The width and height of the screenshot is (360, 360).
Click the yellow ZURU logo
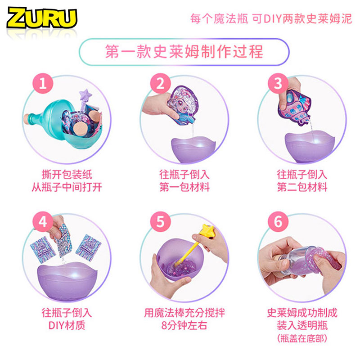[42, 18]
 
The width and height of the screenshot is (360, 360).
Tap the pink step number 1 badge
[43, 83]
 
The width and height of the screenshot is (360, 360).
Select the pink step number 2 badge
[161, 83]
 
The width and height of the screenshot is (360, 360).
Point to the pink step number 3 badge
[278, 83]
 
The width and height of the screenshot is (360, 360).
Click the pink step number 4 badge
[43, 222]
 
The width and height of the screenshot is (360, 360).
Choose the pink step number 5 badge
[161, 222]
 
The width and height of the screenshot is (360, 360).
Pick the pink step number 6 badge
[278, 222]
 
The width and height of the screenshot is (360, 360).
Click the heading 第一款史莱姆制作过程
[184, 52]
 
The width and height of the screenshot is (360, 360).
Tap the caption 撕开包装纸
[67, 175]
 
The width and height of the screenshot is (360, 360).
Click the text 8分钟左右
[184, 325]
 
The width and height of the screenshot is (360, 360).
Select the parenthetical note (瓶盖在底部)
[302, 338]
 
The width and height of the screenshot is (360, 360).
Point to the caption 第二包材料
[302, 187]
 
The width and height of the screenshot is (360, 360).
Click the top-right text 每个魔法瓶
[220, 19]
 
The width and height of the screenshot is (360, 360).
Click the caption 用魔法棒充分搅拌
[184, 313]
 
